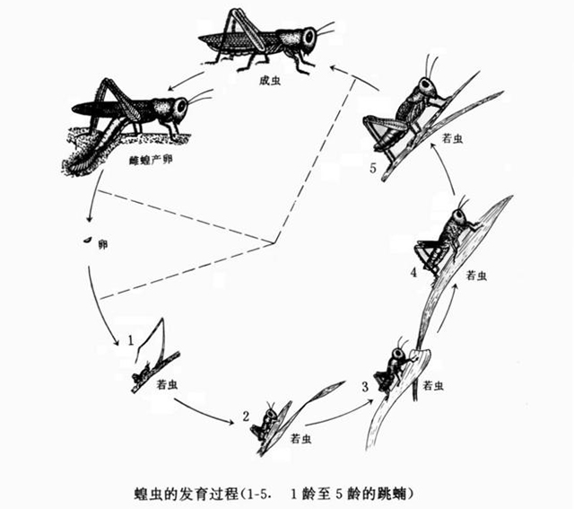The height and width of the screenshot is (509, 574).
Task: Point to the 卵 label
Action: click(102, 244)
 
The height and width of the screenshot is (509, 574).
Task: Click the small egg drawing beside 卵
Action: click(87, 241)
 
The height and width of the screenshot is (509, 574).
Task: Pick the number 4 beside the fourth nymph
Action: click(413, 273)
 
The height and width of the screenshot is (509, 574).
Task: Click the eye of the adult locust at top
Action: click(309, 39)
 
